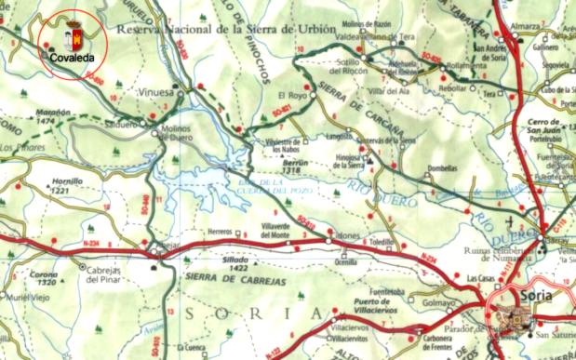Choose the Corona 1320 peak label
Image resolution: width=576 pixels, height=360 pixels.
coord(43,277)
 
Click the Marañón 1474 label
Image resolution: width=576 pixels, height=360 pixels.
coord(54,116)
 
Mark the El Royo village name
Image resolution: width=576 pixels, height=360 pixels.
coord(291,95)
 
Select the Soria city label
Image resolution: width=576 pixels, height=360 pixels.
coord(533,295)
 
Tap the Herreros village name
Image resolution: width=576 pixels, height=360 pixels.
coord(220,233)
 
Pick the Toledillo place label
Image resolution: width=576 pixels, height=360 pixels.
coord(382,242)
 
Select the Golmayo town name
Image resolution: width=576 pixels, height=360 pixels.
coord(437,301)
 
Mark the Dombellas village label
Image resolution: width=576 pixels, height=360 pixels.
coord(442,169)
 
